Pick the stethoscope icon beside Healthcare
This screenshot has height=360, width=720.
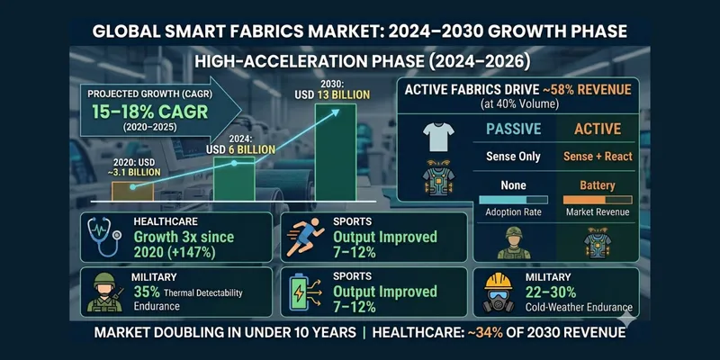tap(104, 238)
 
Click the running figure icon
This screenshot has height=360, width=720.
tap(304, 238)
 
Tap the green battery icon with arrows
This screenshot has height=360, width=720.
tap(303, 291)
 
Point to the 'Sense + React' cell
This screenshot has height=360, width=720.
tap(598, 157)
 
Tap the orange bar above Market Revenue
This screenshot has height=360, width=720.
tap(598, 199)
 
